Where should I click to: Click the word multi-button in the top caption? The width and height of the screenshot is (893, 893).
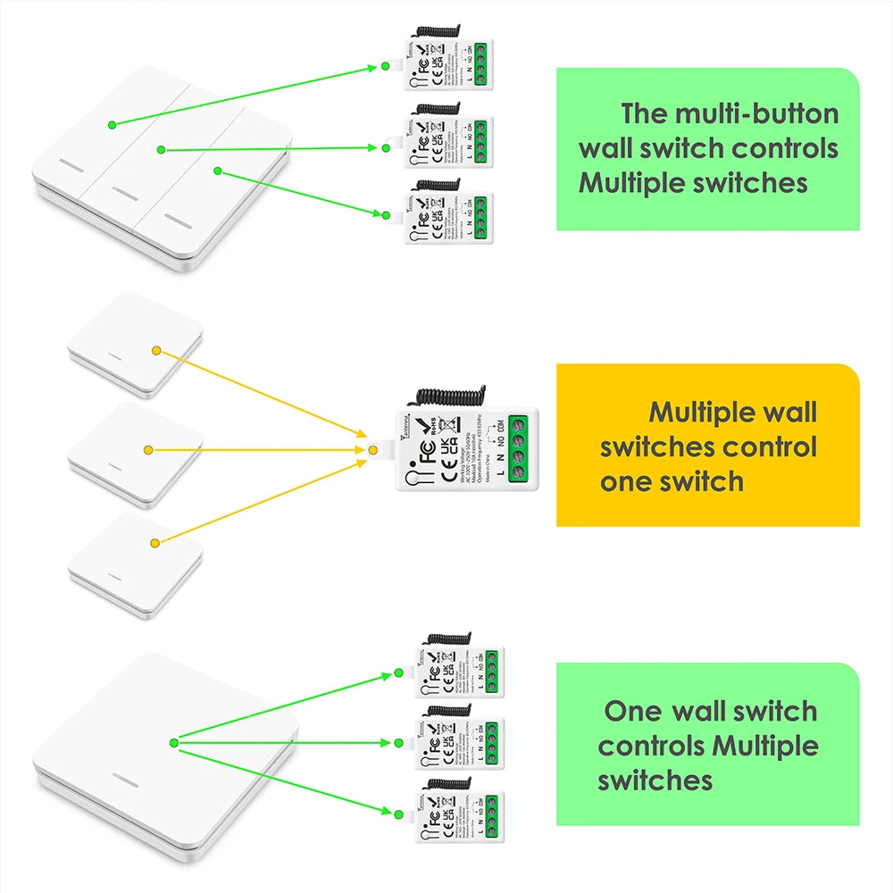tap(755, 114)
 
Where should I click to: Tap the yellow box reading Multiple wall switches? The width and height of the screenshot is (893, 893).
tap(707, 445)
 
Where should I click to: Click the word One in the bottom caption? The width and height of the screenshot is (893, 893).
tap(632, 712)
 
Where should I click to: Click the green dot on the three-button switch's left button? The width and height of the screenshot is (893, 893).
tap(113, 124)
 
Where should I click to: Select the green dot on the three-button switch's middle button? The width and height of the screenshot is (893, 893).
tap(161, 149)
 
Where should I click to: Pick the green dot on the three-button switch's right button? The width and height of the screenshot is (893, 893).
tap(217, 171)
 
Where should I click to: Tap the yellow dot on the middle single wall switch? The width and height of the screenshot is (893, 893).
tap(148, 450)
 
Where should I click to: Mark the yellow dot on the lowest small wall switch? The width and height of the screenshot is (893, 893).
tap(154, 542)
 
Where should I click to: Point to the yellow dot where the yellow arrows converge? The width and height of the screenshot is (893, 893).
tap(372, 450)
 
